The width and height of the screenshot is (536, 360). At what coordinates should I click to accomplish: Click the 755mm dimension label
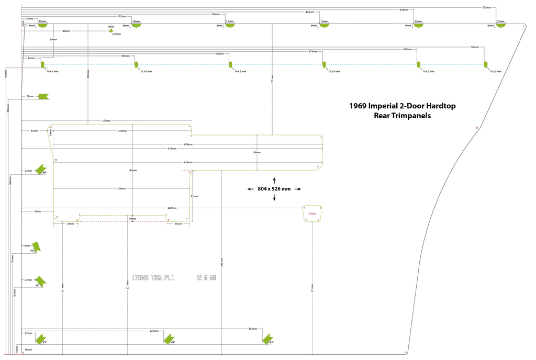[x=486, y=7]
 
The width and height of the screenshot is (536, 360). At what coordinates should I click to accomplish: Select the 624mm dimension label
[x=404, y=10]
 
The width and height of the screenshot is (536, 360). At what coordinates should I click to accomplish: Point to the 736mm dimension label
[x=474, y=47]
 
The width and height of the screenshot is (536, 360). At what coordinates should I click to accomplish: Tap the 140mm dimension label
[x=65, y=31]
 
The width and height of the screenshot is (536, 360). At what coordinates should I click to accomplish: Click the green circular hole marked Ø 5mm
[x=111, y=31]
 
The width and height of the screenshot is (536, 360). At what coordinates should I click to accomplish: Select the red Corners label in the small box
[x=312, y=213]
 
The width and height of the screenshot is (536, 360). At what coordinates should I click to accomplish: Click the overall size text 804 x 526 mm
[x=274, y=189]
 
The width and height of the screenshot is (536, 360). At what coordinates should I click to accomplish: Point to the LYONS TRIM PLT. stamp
[x=153, y=277]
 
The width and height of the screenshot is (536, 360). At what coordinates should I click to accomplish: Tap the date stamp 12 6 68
[x=206, y=277]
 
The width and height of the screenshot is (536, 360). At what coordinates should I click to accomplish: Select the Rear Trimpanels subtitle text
[x=402, y=116]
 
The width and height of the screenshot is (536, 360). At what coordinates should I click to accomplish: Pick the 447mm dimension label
[x=186, y=208]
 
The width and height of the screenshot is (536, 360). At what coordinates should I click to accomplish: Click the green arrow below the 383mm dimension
[x=268, y=339]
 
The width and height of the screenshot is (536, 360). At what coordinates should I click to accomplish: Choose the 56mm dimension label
[x=256, y=152]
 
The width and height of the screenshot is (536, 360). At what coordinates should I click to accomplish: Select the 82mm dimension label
[x=195, y=196]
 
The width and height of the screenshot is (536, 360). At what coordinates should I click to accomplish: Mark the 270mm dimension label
[x=106, y=120]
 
